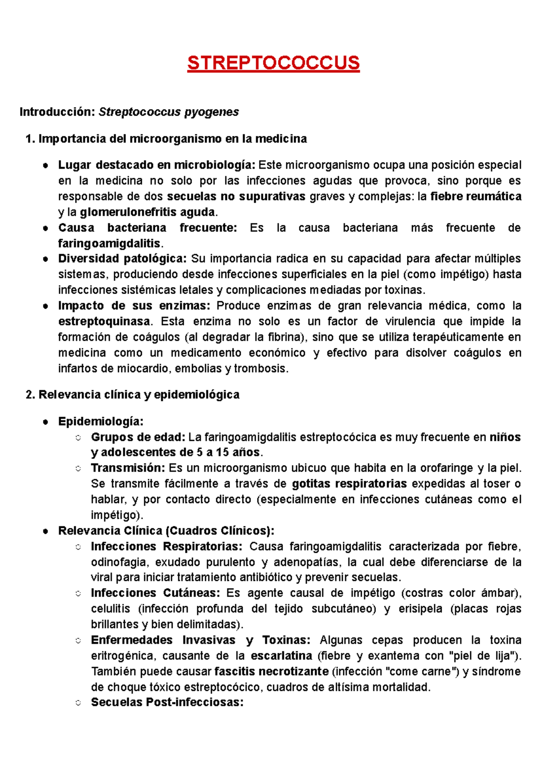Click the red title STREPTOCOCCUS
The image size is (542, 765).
[273, 63]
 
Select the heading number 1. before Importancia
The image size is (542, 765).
[31, 139]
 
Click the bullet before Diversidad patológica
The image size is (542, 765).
[45, 259]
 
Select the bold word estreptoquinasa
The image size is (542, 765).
[104, 322]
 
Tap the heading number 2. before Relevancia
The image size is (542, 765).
[31, 395]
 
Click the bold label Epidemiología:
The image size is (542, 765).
[101, 421]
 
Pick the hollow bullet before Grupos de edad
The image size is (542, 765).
[78, 437]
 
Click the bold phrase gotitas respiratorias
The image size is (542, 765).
[349, 484]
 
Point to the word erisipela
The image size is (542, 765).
[420, 609]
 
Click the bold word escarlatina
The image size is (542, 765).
[281, 656]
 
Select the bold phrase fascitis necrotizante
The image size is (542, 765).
[271, 672]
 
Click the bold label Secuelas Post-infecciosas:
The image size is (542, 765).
[167, 703]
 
